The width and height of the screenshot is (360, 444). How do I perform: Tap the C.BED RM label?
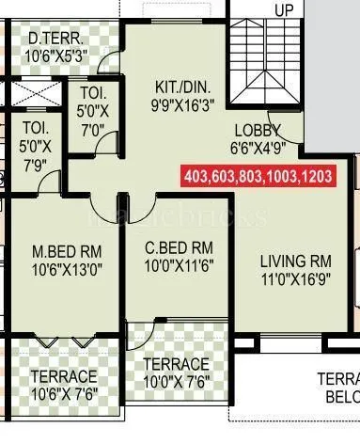click(179, 249)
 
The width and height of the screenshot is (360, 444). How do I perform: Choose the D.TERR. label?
click(58, 38)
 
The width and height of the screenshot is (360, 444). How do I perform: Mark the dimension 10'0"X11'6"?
click(179, 266)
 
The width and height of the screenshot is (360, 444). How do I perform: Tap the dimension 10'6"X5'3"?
click(58, 54)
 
